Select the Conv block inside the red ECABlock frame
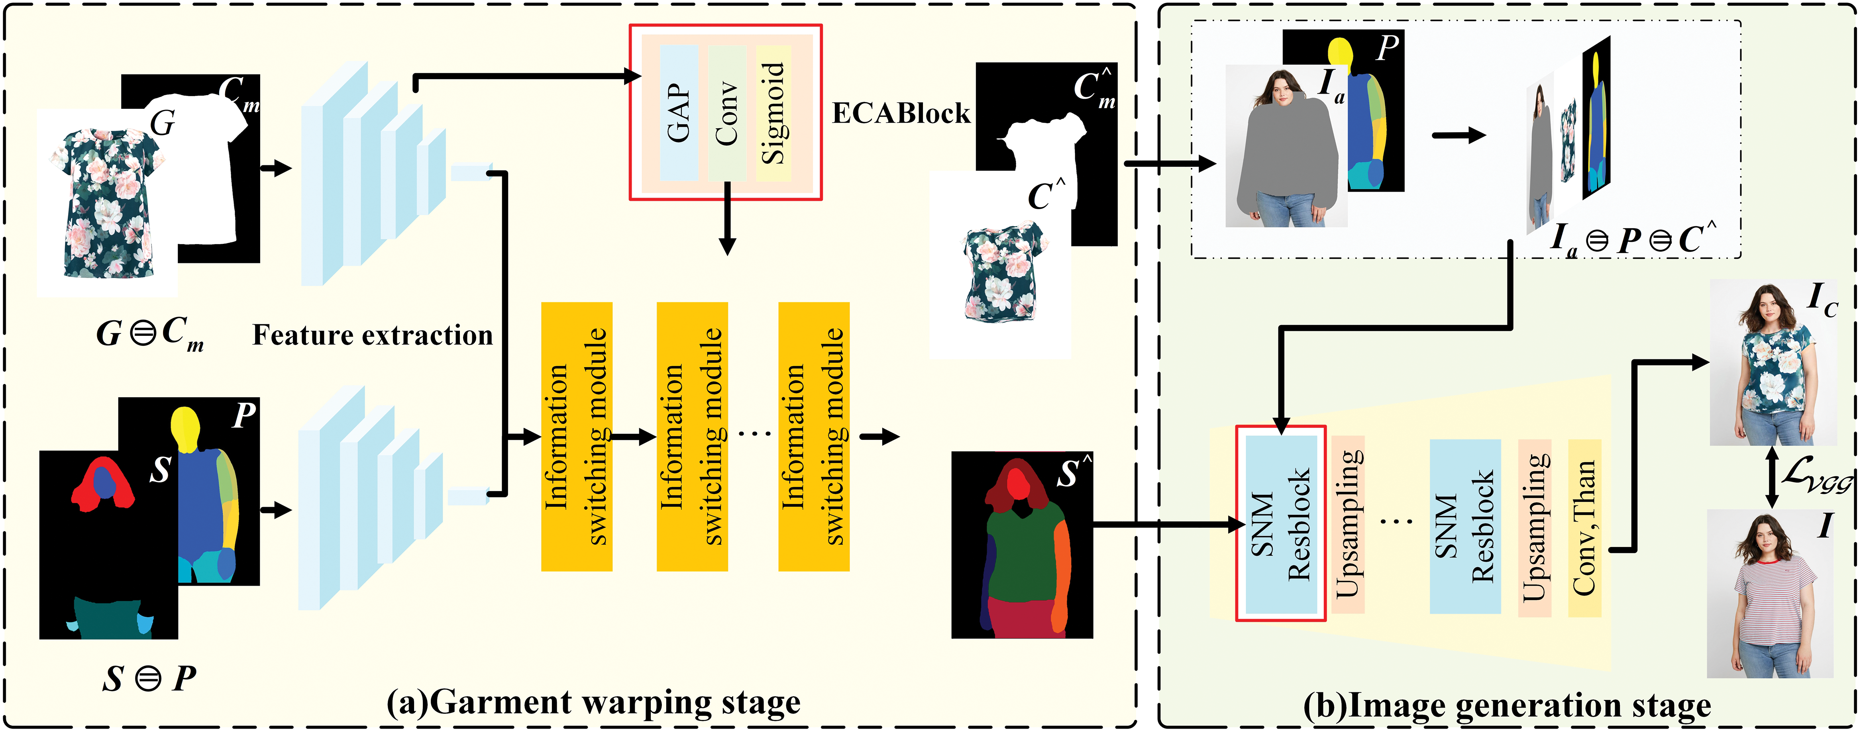[x=727, y=113]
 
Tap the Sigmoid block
[x=773, y=113]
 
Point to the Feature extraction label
[x=372, y=335]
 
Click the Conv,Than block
[x=1585, y=528]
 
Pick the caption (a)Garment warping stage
[x=593, y=702]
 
